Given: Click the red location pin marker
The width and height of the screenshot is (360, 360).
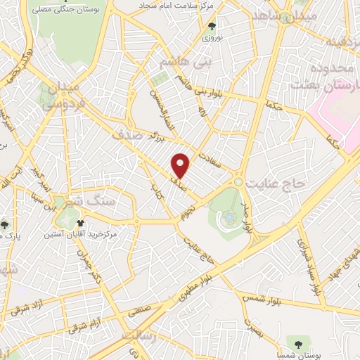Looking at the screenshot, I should click(181, 165).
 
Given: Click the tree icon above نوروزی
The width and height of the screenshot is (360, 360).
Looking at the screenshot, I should click(212, 29).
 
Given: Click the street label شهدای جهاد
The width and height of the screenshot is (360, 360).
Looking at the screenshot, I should click(347, 261).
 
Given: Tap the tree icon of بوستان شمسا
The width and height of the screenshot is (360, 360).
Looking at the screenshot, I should click(301, 343).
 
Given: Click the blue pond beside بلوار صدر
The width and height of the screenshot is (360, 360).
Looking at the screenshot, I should click(229, 218).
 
